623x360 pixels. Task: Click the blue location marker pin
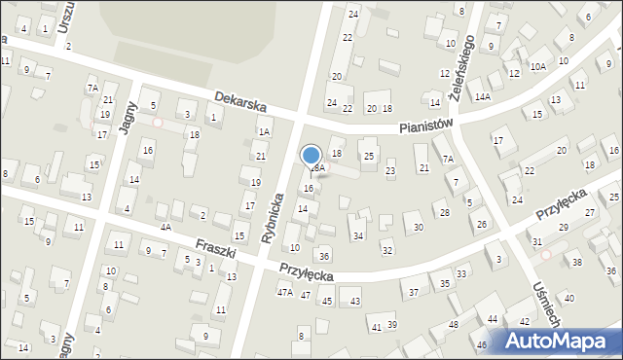pyautogui.click(x=311, y=156)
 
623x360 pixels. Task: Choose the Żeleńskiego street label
pyautogui.click(x=455, y=59)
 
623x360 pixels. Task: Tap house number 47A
pyautogui.click(x=285, y=292)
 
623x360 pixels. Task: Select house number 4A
pyautogui.click(x=166, y=227)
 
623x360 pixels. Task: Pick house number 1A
pyautogui.click(x=264, y=131)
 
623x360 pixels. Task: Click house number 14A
pyautogui.click(x=482, y=97)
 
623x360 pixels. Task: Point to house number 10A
pyautogui.click(x=537, y=66)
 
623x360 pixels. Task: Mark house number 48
pyautogui.click(x=453, y=324)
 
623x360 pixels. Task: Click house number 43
pyautogui.click(x=355, y=301)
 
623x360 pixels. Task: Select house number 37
pyautogui.click(x=414, y=292)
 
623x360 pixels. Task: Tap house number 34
pyautogui.click(x=358, y=236)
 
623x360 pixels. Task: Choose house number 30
pyautogui.click(x=418, y=227)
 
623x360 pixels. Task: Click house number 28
pyautogui.click(x=444, y=212)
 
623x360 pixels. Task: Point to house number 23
pyautogui.click(x=390, y=171)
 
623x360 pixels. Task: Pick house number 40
pyautogui.click(x=569, y=298)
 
